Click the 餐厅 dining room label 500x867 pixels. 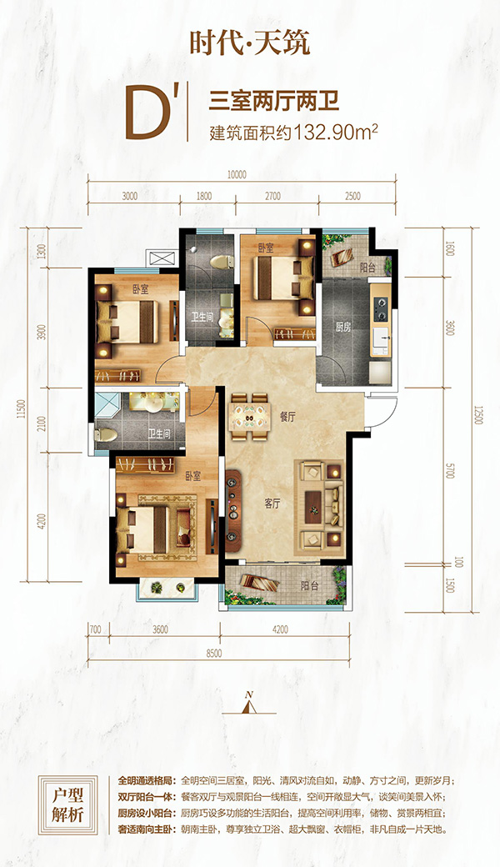[x=287, y=418]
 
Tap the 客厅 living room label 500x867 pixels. [x=272, y=504]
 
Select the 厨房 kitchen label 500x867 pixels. [x=343, y=327]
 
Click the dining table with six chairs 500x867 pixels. [x=250, y=416]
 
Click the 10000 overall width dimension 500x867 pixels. [x=236, y=175]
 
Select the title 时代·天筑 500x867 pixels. [x=250, y=43]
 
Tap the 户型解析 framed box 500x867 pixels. [x=68, y=804]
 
